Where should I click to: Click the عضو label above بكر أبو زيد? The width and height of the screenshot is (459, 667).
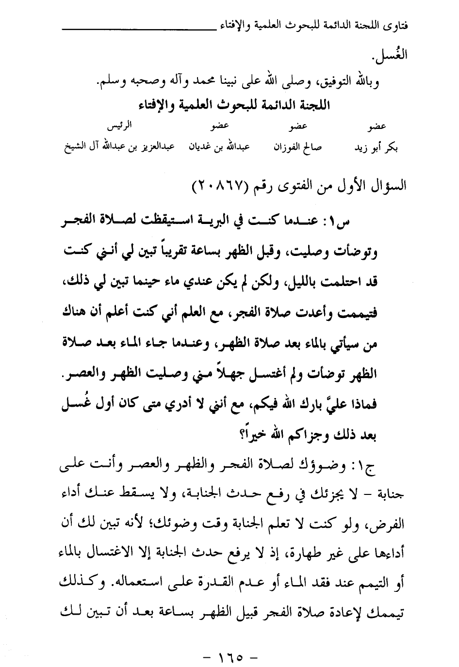377,127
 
